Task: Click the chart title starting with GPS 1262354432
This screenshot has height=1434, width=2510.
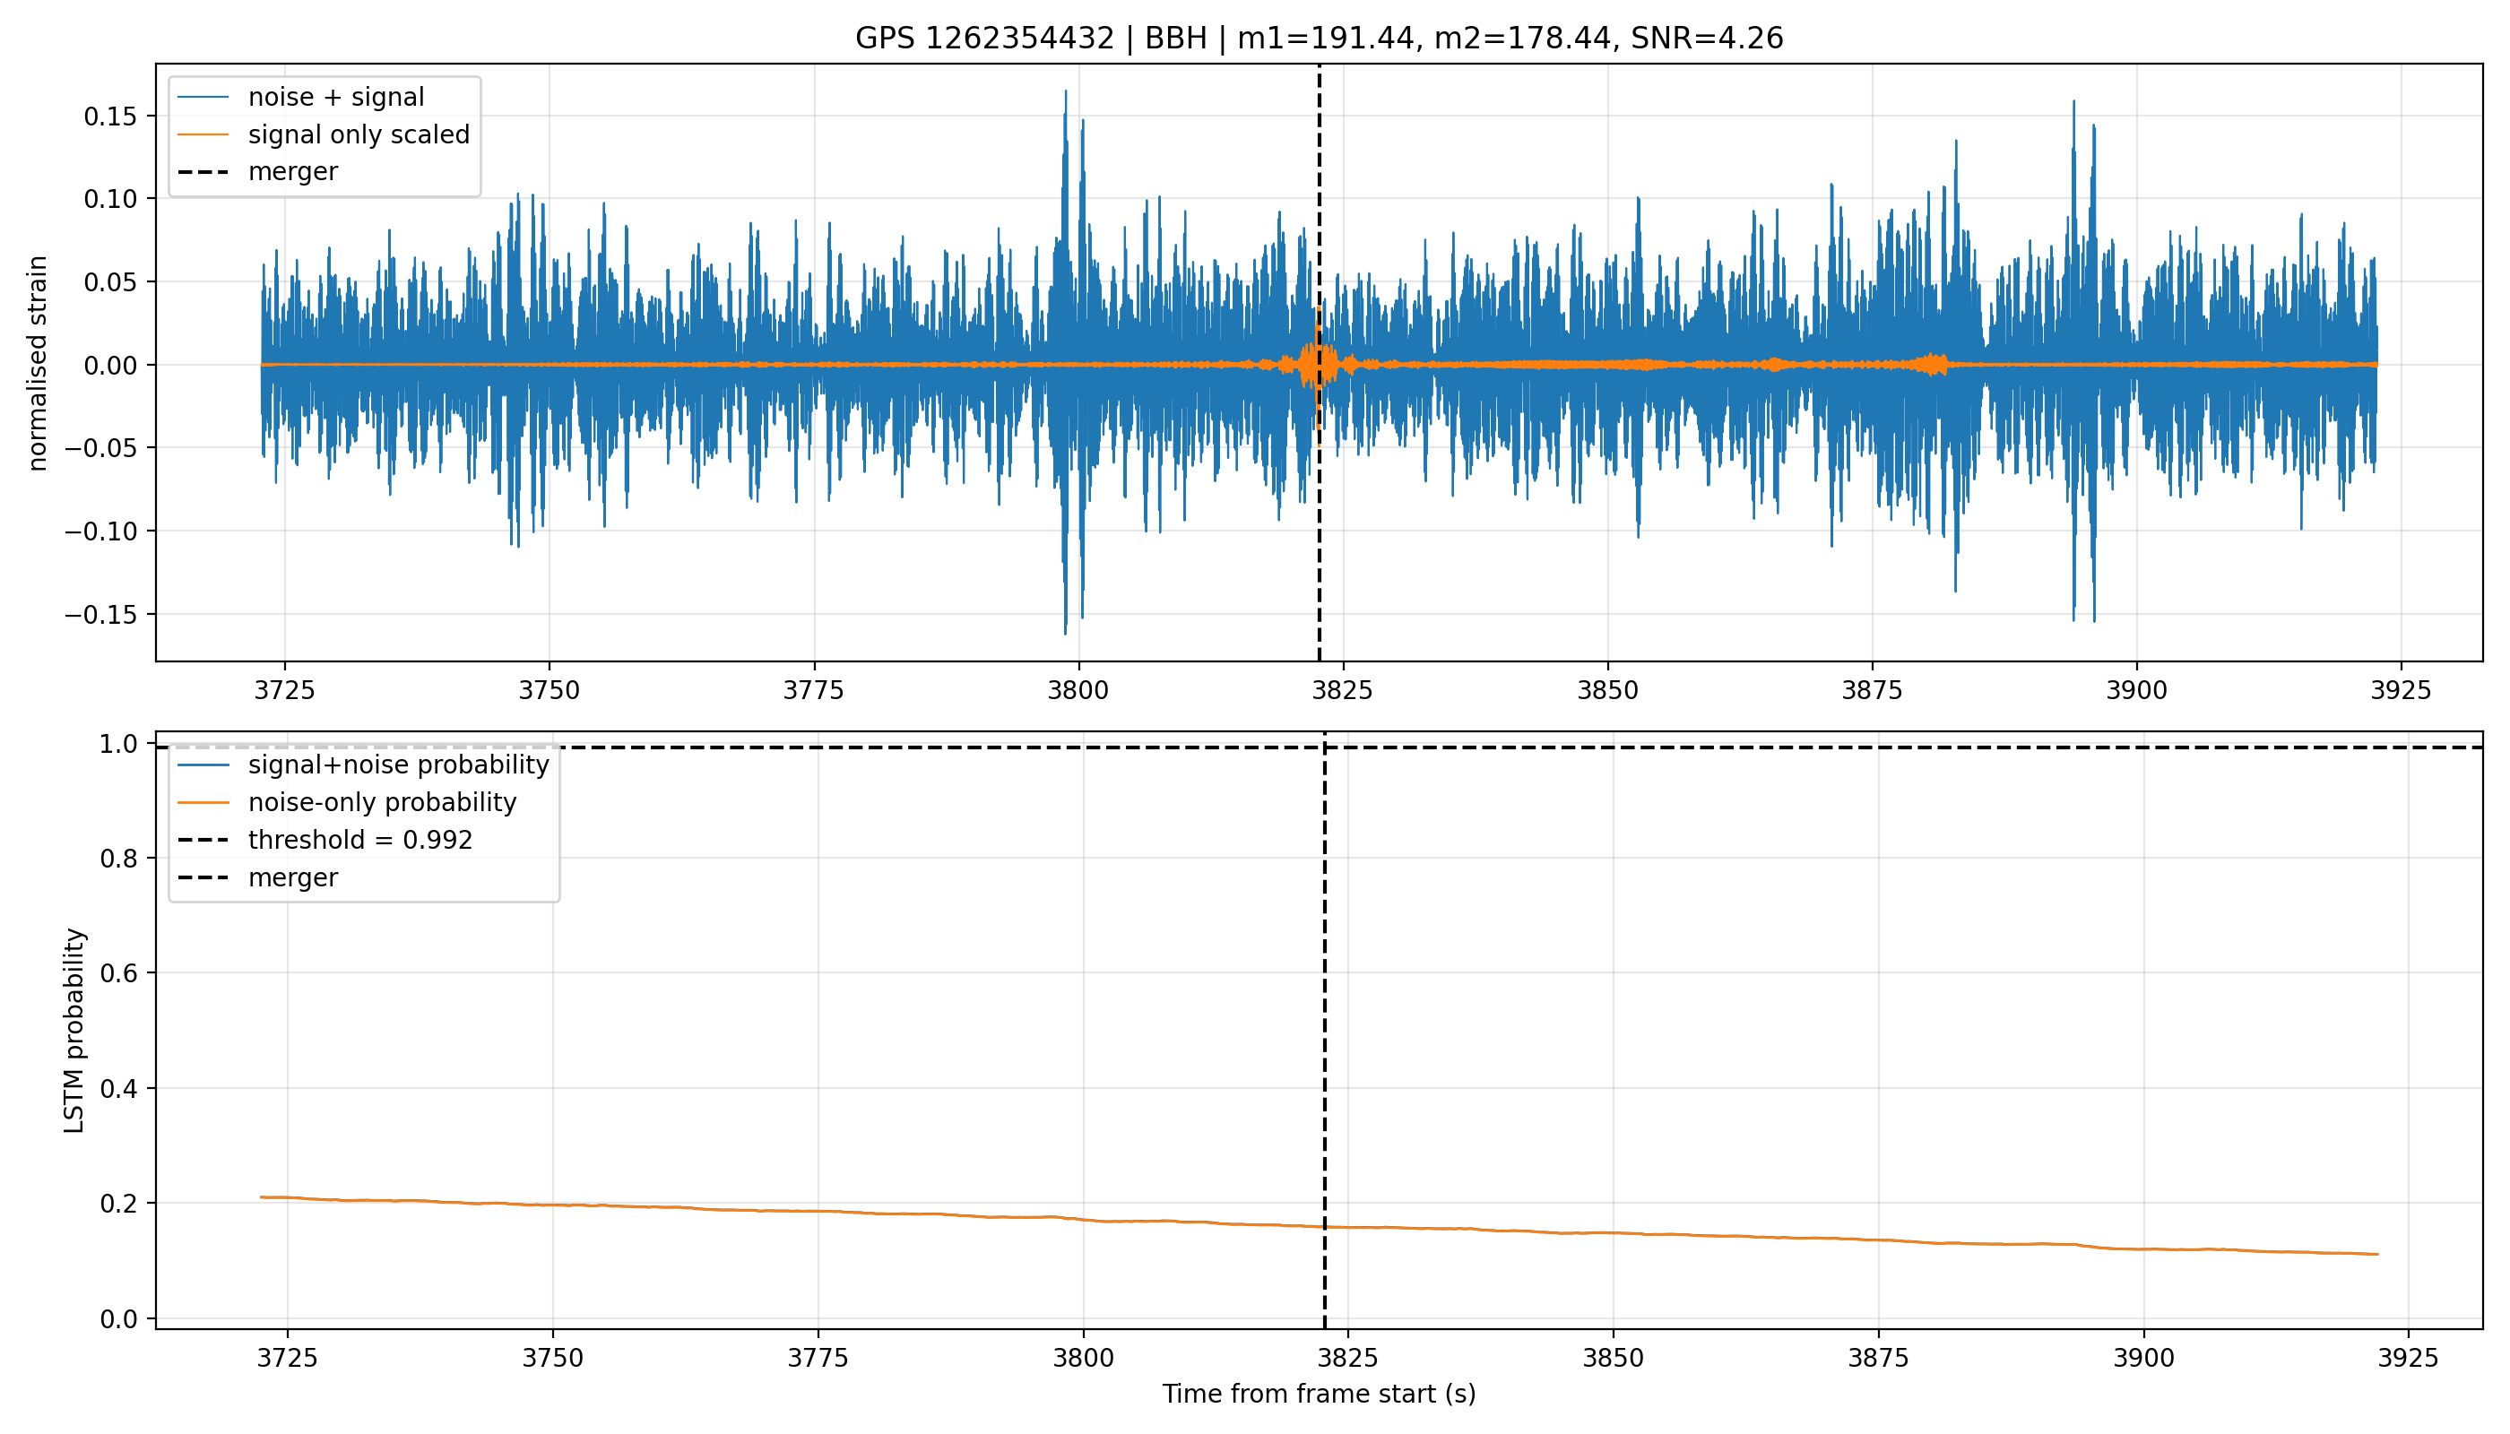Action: click(1318, 39)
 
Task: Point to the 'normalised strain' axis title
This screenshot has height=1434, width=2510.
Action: click(38, 363)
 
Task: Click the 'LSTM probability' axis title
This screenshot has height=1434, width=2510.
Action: click(75, 1030)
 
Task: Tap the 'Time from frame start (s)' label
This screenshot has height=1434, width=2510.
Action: click(1318, 1394)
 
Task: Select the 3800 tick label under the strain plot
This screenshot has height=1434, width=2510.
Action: click(1078, 690)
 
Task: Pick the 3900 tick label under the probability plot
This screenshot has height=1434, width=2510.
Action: click(2143, 1358)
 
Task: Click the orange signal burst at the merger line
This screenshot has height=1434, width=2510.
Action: click(1318, 366)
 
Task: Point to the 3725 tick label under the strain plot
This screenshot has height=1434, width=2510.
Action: click(285, 690)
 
